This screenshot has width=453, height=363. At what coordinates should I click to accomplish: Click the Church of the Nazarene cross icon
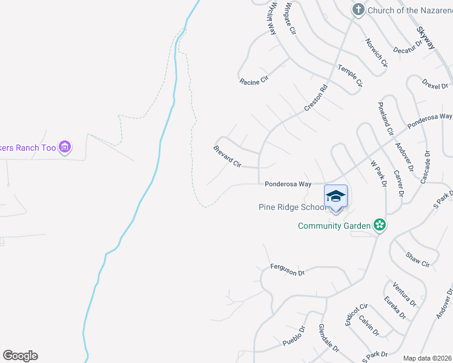point(359,10)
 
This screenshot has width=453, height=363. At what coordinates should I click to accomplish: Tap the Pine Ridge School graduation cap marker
point(336,197)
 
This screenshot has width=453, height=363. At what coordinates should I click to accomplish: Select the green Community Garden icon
point(380,226)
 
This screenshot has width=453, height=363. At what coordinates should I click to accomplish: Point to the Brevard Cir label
point(227,156)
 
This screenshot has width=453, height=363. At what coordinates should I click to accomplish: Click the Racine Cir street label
point(253,81)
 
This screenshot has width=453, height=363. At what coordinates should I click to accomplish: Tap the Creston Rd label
point(316,97)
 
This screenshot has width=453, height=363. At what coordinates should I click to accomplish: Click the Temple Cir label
point(349,75)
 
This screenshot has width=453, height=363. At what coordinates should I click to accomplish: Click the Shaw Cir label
point(417,260)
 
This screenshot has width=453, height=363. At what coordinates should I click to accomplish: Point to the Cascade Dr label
point(426,167)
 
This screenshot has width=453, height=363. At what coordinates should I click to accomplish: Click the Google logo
point(20,356)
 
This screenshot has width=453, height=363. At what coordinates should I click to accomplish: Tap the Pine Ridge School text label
point(293,207)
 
